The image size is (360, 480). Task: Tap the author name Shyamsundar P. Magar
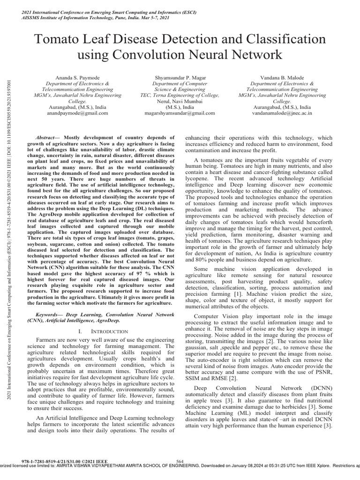click(180, 76)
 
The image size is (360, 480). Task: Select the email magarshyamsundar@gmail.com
click(180, 113)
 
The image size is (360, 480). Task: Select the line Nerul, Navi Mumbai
click(180, 101)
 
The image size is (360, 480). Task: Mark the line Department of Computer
click(180, 82)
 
